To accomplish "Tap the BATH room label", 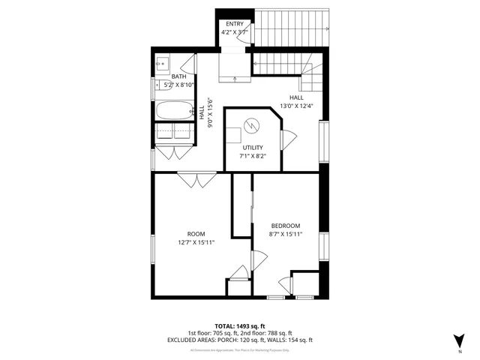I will pyautogui.click(x=179, y=76).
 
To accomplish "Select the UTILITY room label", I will pyautogui.click(x=253, y=147).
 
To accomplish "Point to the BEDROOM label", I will pyautogui.click(x=285, y=226).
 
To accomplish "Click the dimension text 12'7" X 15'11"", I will pyautogui.click(x=196, y=242).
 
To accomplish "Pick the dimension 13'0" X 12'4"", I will pyautogui.click(x=295, y=106).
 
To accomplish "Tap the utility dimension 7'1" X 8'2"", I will pyautogui.click(x=253, y=157).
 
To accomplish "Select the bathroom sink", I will pyautogui.click(x=163, y=64).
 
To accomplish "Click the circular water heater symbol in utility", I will pyautogui.click(x=253, y=125).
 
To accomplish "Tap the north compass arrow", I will pyautogui.click(x=459, y=340).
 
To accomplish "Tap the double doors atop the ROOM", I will pyautogui.click(x=196, y=180).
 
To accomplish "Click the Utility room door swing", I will pyautogui.click(x=288, y=139).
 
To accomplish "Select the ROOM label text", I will pyautogui.click(x=196, y=233).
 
